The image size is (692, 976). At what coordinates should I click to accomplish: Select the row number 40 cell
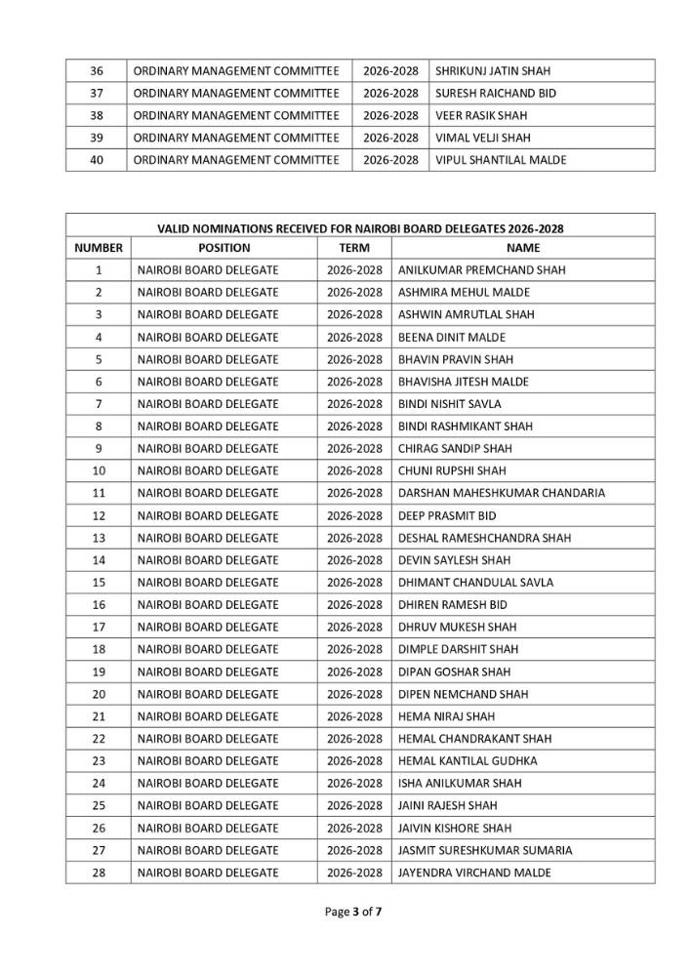[97, 160]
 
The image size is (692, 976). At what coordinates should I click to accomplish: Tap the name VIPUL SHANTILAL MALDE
[500, 160]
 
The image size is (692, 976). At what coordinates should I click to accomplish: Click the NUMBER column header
[99, 248]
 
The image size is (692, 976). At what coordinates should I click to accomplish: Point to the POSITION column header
[224, 248]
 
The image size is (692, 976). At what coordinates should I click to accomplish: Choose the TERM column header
[354, 248]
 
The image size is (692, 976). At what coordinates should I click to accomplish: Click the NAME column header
[523, 248]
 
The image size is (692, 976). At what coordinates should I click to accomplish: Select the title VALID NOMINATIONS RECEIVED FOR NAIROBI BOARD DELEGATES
[360, 228]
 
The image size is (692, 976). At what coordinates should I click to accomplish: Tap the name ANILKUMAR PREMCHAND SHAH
[482, 270]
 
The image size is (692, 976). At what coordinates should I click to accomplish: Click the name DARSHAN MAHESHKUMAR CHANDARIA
[502, 493]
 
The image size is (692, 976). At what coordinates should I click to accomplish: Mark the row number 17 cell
[99, 627]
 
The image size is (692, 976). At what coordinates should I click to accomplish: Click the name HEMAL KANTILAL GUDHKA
[468, 760]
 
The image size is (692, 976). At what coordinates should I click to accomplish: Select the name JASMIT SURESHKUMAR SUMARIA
[485, 850]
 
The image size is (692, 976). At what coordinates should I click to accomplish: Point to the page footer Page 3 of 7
[360, 913]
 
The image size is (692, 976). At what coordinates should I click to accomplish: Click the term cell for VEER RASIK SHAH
[390, 116]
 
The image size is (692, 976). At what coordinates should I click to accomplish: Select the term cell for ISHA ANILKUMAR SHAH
[354, 783]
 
